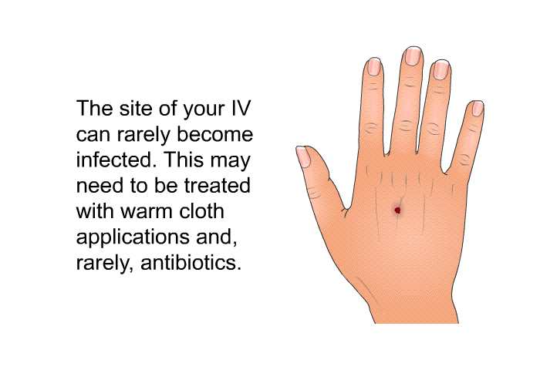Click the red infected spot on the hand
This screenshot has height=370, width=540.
tap(397, 210)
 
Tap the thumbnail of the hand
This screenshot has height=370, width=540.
tap(303, 156)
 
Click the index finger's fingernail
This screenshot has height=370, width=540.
tap(374, 66)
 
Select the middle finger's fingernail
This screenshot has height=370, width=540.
tap(413, 55)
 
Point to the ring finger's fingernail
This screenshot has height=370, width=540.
tap(441, 69)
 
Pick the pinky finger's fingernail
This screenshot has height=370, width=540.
tap(478, 108)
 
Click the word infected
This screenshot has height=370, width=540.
tap(116, 160)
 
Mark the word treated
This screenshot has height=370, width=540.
tap(218, 186)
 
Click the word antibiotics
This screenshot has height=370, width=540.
tap(191, 262)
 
